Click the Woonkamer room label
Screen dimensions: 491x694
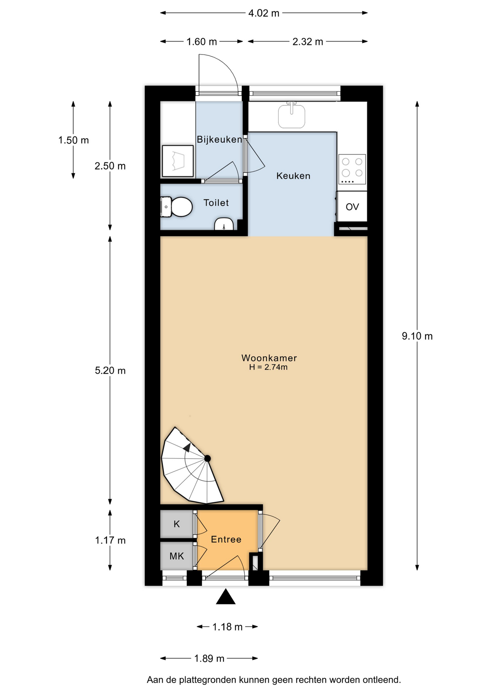(x=269, y=358)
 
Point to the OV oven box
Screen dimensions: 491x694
(x=352, y=206)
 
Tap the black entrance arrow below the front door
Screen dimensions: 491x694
(x=226, y=596)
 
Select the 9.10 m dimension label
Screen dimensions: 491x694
(x=417, y=336)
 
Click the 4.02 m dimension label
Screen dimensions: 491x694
(x=264, y=13)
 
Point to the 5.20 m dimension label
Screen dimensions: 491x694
(x=110, y=370)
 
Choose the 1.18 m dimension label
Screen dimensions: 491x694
(x=227, y=627)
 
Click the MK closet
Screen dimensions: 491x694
(x=177, y=556)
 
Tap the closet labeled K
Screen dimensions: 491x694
(x=177, y=524)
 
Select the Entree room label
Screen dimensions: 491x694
(x=226, y=539)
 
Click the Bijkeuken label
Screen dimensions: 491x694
(x=219, y=140)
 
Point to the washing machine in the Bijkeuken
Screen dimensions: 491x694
(x=178, y=161)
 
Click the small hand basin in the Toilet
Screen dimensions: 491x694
(x=224, y=224)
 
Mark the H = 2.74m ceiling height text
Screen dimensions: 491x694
(x=268, y=367)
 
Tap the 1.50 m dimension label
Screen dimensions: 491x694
(x=73, y=140)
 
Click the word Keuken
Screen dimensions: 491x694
(x=293, y=176)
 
